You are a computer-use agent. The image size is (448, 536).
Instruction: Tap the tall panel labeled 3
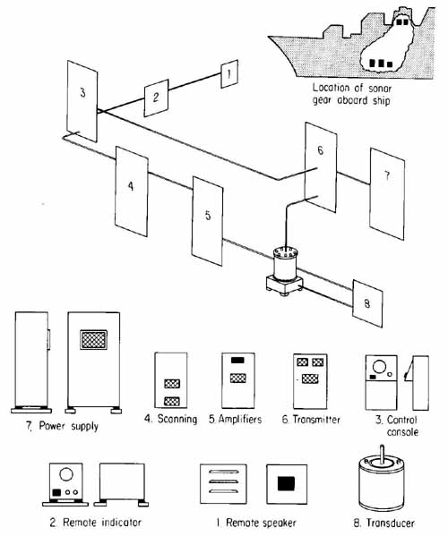[82, 101]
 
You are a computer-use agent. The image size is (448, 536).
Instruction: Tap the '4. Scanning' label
[169, 419]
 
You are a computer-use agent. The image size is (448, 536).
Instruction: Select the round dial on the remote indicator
[67, 474]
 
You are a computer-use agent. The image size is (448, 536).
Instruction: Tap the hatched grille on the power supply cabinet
[94, 339]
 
